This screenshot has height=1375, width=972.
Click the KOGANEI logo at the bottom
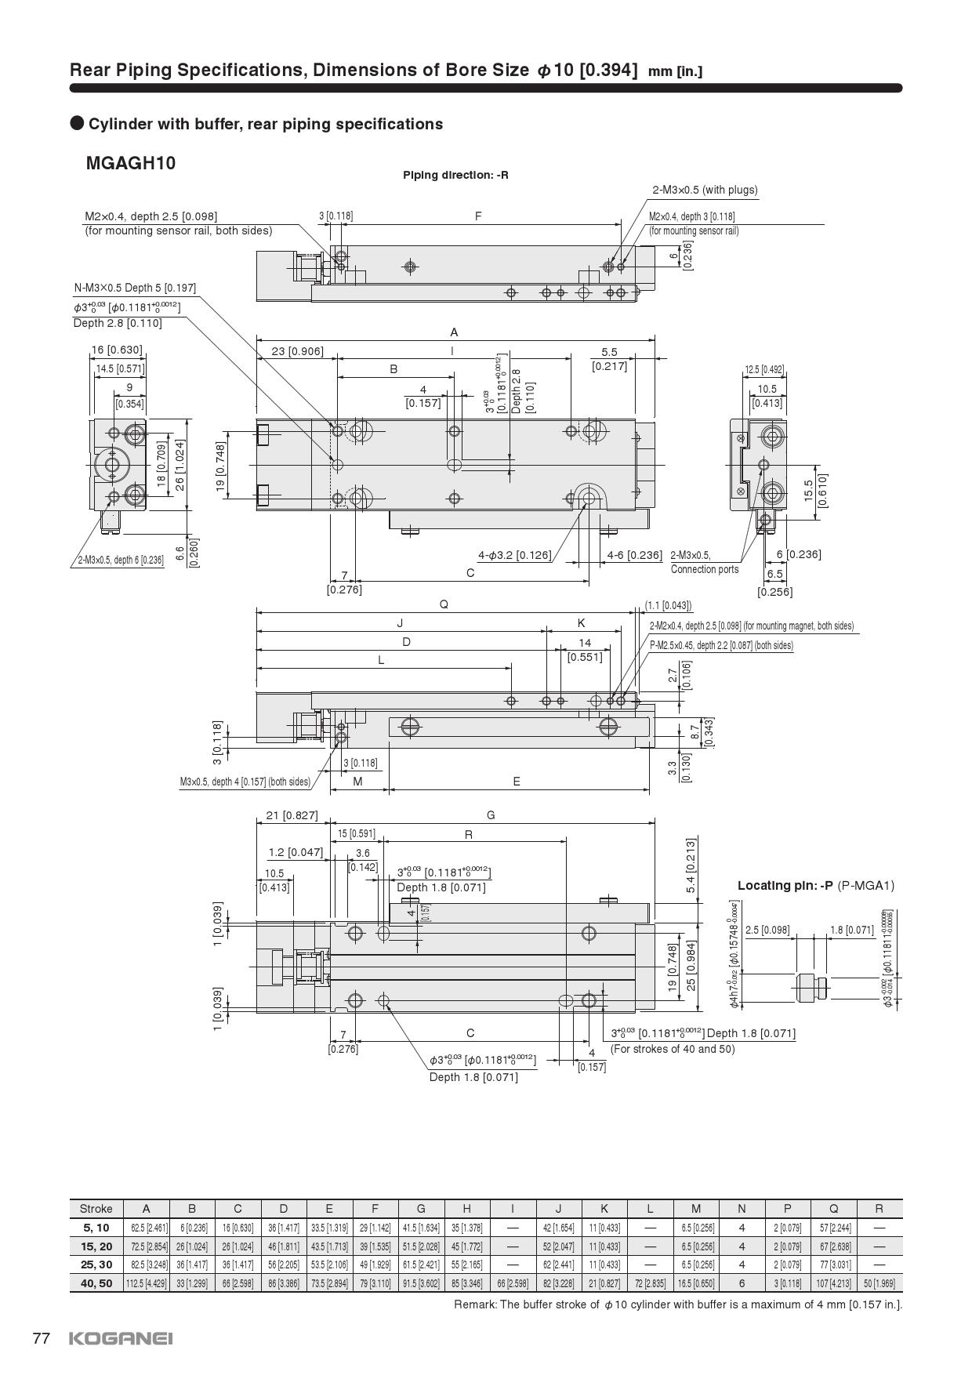[x=121, y=1338]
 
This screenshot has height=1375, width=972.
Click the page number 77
[x=42, y=1338]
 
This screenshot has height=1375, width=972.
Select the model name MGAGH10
[x=130, y=164]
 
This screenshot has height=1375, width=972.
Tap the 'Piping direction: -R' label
[x=455, y=175]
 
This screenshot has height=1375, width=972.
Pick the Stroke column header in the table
[x=96, y=1208]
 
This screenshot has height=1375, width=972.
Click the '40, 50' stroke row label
[x=97, y=1283]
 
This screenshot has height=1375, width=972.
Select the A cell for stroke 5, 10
[x=147, y=1228]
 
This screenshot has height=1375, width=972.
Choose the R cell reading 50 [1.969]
[x=879, y=1283]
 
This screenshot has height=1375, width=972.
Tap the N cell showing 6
[x=742, y=1283]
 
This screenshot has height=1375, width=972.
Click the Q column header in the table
[x=833, y=1208]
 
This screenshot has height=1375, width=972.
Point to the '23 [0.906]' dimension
[x=297, y=351]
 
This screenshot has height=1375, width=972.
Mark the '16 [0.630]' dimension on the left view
[x=117, y=350]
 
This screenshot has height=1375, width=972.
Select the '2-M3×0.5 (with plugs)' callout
[x=705, y=190]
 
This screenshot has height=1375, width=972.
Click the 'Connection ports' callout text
[x=705, y=569]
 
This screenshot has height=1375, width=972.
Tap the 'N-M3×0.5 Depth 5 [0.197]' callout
[x=135, y=288]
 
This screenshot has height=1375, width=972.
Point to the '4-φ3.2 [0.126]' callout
[x=515, y=556]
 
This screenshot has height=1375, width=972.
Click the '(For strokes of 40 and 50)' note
[x=673, y=1049]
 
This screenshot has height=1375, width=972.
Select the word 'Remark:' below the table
[x=475, y=1304]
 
